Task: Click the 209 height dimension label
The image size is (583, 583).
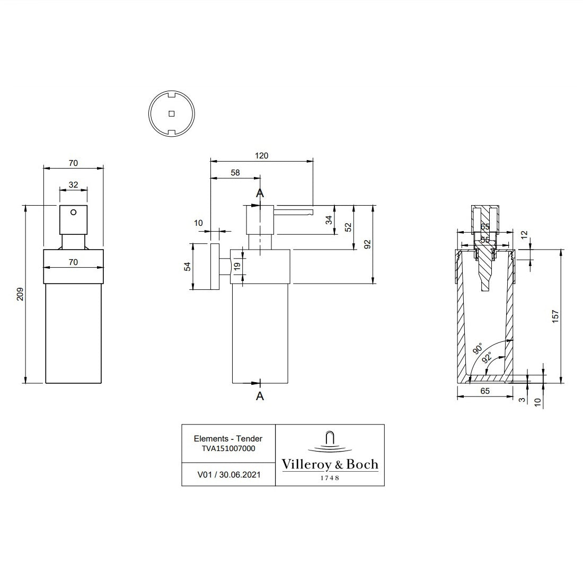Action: (x=20, y=294)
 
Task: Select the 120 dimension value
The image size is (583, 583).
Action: (x=262, y=156)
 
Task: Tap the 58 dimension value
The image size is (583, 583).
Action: (x=235, y=173)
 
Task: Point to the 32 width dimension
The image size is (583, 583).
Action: (x=73, y=185)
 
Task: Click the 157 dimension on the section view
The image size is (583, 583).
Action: (x=555, y=316)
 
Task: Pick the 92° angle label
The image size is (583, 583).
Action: (x=488, y=358)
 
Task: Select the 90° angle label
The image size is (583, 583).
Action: (x=477, y=349)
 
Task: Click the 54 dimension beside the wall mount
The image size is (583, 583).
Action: (x=187, y=266)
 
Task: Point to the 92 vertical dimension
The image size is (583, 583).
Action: (x=367, y=244)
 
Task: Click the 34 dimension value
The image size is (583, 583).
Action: (x=329, y=219)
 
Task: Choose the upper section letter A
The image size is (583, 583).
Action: (x=260, y=193)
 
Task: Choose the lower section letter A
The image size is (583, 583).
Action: (x=260, y=396)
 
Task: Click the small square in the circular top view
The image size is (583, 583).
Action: (x=171, y=113)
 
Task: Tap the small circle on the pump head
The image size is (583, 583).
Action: (x=73, y=212)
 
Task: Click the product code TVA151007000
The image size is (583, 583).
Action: (x=228, y=448)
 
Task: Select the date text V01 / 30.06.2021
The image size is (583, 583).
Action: (x=228, y=475)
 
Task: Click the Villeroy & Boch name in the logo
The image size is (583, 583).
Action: (x=330, y=465)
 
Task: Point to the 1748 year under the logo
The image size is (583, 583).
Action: (x=330, y=478)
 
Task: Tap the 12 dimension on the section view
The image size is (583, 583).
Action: (x=524, y=234)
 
